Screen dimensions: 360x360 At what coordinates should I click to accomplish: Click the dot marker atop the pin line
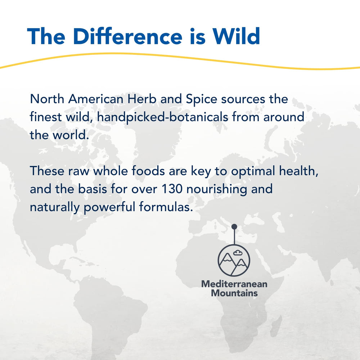point(234,226)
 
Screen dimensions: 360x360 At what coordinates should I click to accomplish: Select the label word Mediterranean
point(234,284)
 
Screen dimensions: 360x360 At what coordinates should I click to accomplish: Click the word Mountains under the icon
point(234,293)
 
